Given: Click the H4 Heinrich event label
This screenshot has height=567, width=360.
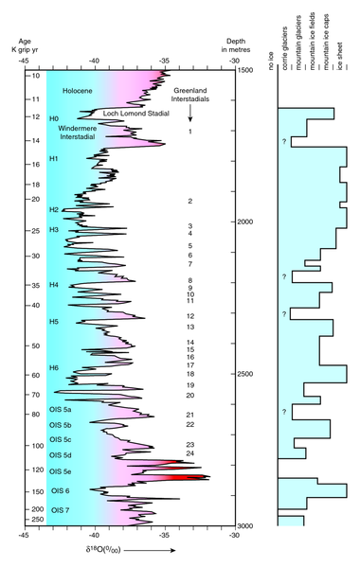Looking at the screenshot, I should point(54,285).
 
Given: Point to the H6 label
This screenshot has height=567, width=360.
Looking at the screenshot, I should point(54,367).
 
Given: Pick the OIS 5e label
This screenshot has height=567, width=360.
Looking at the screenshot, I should point(62,470).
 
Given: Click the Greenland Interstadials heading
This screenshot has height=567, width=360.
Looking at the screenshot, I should point(190,94).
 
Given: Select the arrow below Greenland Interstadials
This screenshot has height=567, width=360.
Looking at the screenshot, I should point(190,113).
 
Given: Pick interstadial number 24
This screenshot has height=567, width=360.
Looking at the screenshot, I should point(190,453).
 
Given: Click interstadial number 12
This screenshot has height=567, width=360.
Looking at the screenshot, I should point(190,316).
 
